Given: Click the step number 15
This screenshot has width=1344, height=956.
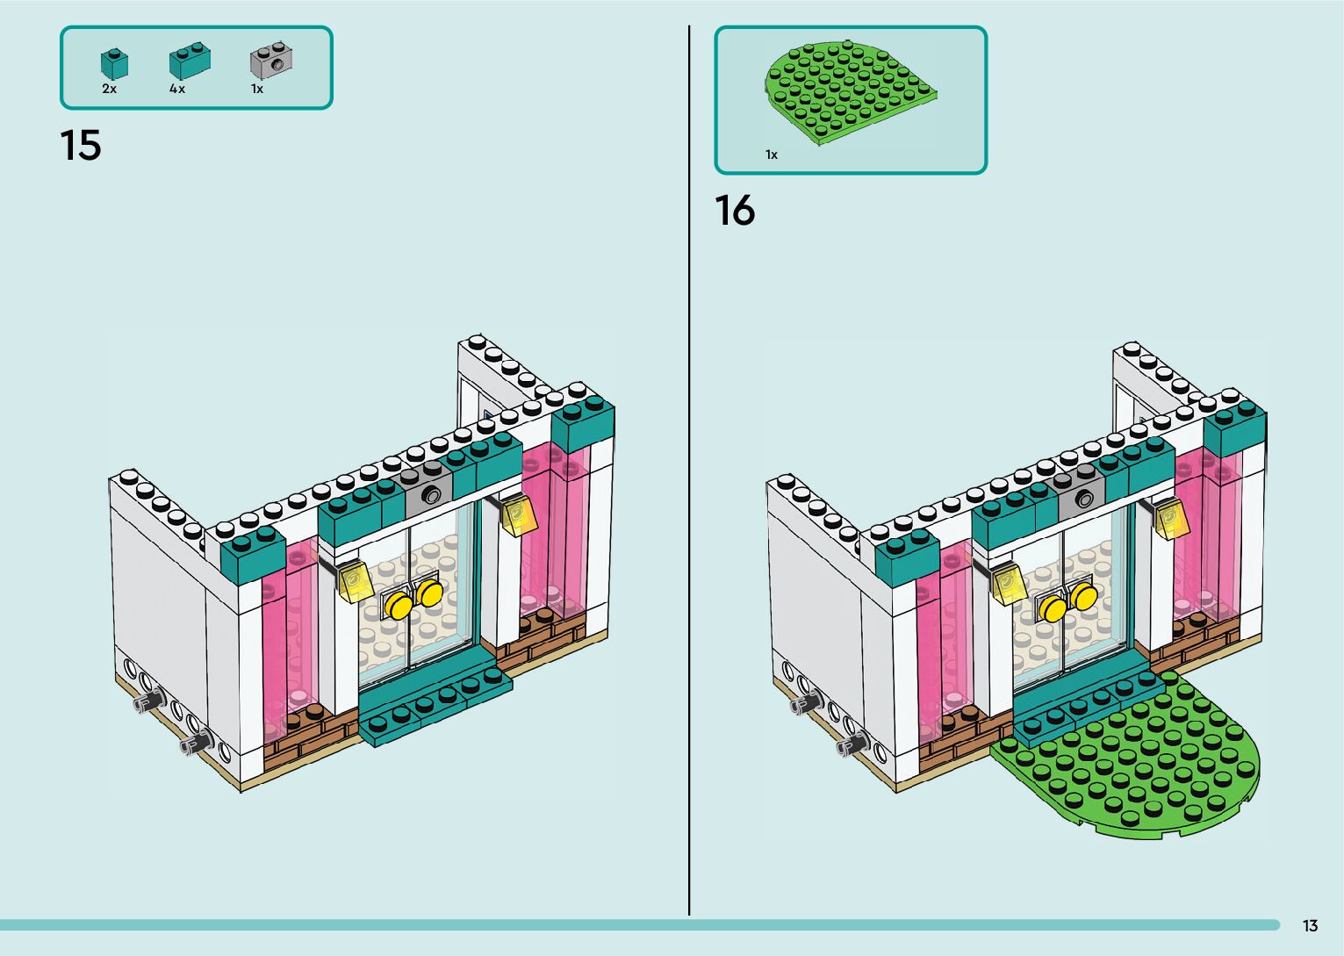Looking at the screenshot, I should pyautogui.click(x=81, y=146).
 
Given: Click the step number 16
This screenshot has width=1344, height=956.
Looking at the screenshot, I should pyautogui.click(x=735, y=212).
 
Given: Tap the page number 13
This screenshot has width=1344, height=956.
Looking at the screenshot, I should pyautogui.click(x=1310, y=926).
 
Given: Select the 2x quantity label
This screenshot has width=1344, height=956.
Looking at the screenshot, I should pyautogui.click(x=110, y=89).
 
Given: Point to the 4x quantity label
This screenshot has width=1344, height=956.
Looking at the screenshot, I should pyautogui.click(x=177, y=89).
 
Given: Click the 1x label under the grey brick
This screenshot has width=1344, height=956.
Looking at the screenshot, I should pyautogui.click(x=257, y=89).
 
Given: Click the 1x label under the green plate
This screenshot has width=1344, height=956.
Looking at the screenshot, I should pyautogui.click(x=772, y=155).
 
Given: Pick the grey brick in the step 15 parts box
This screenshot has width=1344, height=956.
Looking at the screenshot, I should pyautogui.click(x=271, y=60).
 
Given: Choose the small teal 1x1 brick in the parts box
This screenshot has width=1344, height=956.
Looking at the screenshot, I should pyautogui.click(x=114, y=62).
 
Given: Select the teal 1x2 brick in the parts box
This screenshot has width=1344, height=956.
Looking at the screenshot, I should pyautogui.click(x=190, y=61).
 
